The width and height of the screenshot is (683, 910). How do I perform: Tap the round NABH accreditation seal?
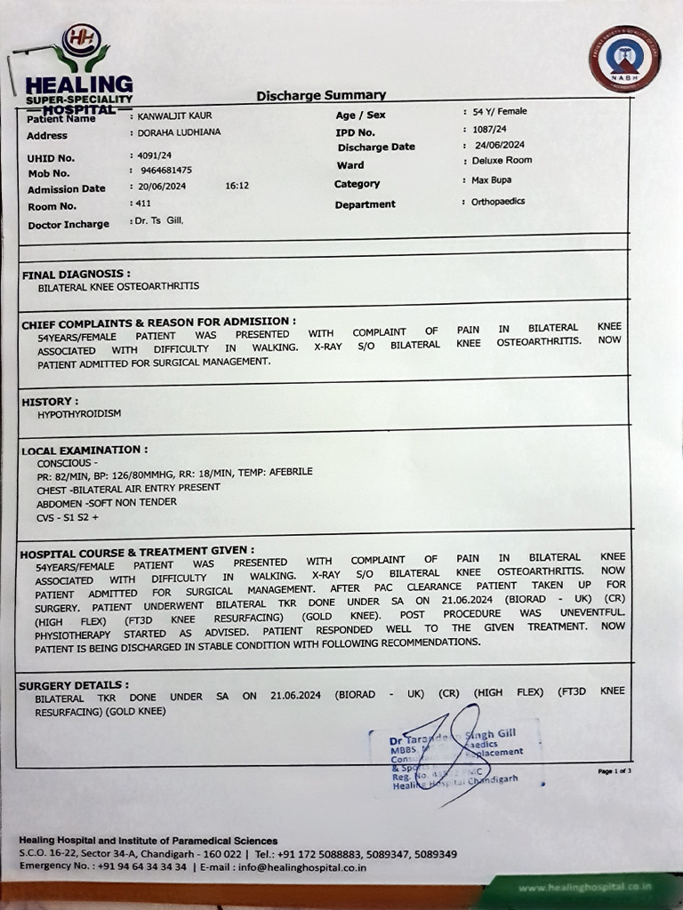tap(624, 59)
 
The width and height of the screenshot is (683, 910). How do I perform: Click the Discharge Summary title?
tap(321, 95)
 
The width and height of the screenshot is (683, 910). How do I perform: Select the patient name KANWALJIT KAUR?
tap(174, 116)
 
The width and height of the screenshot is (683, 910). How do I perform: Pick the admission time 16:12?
tap(237, 187)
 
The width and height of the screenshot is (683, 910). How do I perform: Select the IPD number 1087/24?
tap(490, 129)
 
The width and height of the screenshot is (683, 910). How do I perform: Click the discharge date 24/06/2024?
tap(500, 145)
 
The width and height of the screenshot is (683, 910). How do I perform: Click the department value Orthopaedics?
tap(498, 202)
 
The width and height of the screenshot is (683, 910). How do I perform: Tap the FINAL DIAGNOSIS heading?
tap(76, 275)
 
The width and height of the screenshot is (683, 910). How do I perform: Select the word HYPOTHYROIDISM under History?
tap(79, 414)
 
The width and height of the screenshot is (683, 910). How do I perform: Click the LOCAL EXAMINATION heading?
tap(84, 451)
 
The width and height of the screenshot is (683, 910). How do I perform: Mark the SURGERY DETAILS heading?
tap(74, 685)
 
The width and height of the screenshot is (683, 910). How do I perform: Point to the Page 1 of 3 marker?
tap(615, 770)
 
